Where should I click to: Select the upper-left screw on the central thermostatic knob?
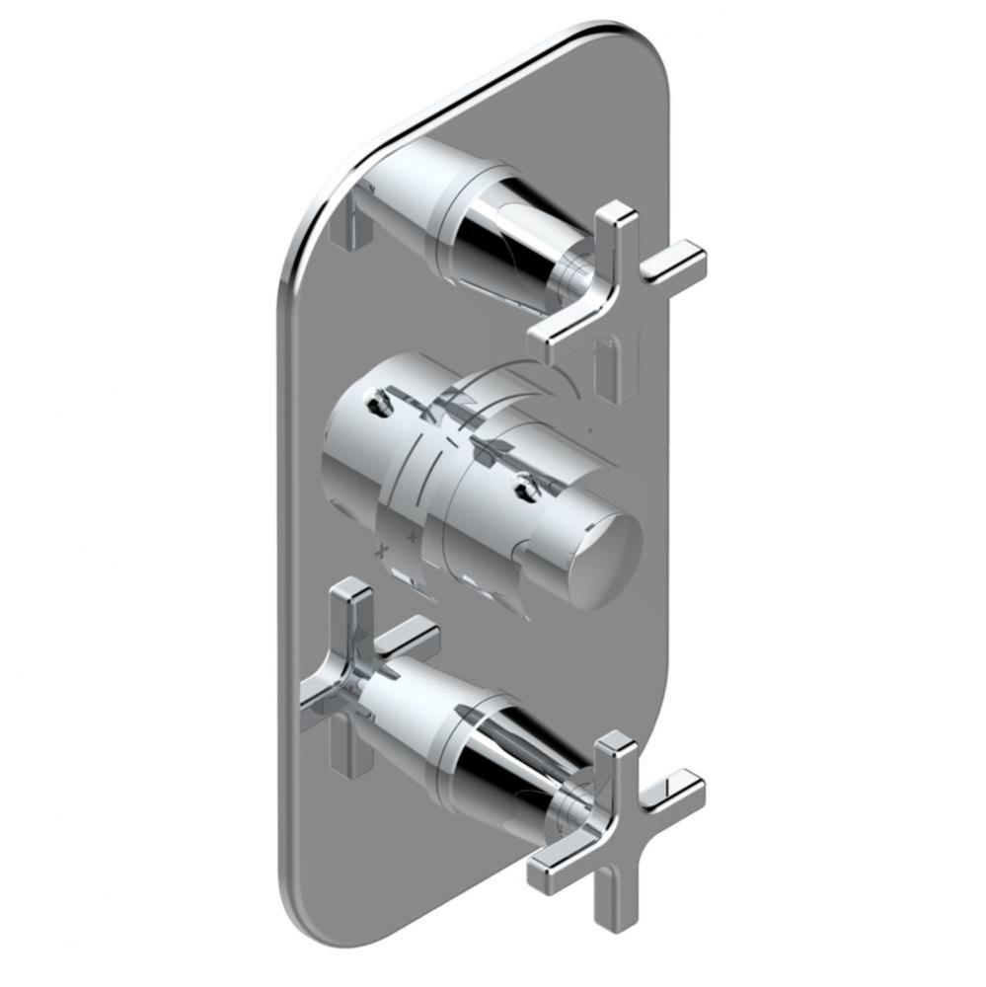coord(376,402)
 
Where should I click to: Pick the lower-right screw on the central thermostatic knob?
coord(524,486)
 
